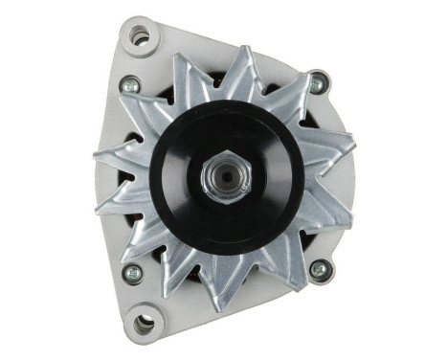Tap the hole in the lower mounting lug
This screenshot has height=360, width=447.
(x=145, y=321)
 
